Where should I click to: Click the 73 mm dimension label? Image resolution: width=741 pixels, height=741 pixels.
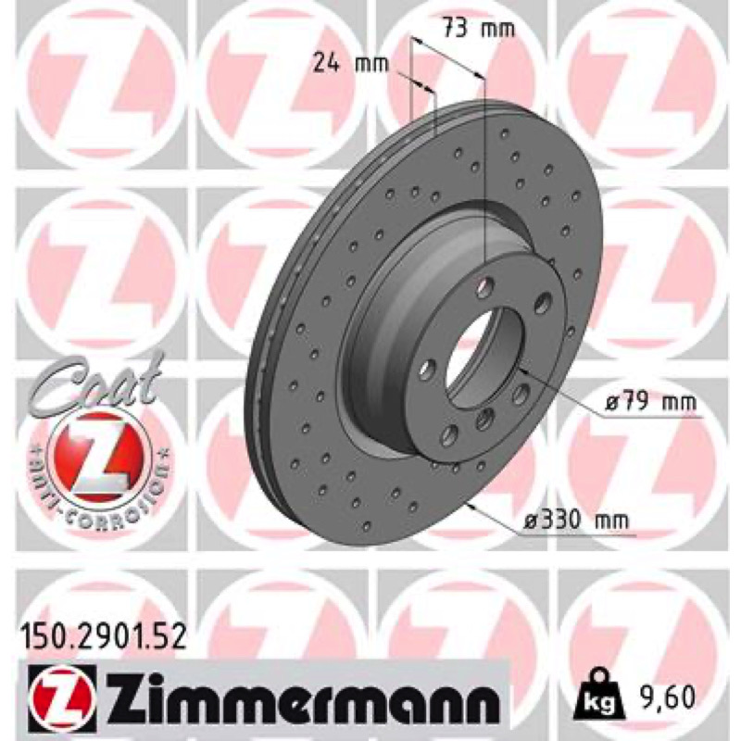coord(478,30)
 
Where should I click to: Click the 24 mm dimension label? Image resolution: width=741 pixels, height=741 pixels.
coord(350,63)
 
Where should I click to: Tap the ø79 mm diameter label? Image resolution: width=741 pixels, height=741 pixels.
coord(650,403)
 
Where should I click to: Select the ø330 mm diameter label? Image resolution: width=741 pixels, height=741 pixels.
coord(577,521)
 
